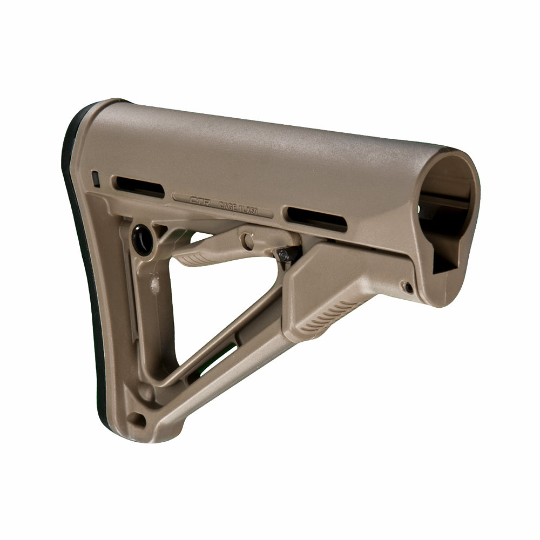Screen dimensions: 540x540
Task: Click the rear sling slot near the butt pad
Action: pyautogui.click(x=138, y=186)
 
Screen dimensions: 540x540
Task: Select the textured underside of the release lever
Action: pyautogui.click(x=197, y=259)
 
